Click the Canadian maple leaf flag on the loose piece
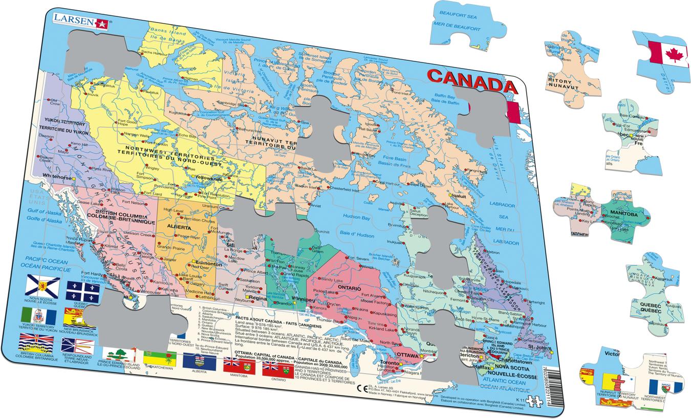tap(667, 52)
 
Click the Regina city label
tap(256, 296)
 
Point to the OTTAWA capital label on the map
tap(407, 355)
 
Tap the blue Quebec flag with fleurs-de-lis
tap(82, 291)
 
